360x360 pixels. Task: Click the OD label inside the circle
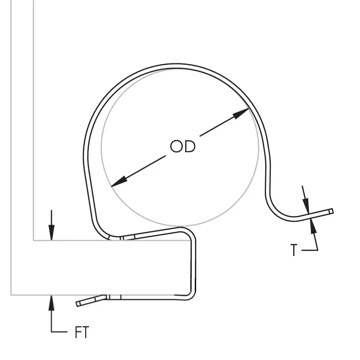point(182,146)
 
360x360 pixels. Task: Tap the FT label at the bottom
point(82,332)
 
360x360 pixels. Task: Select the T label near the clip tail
point(294,250)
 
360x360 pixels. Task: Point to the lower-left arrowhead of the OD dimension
point(119,182)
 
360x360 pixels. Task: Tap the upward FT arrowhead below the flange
point(52,303)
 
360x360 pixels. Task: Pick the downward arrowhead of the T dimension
point(306,206)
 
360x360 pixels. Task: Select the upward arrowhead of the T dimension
point(313,226)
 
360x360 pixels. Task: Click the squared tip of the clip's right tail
point(331,211)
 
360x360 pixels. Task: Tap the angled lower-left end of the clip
point(78,304)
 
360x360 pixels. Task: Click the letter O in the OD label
point(176,146)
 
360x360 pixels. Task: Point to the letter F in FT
point(78,332)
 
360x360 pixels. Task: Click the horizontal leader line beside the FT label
point(59,332)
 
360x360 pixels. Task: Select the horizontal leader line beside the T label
point(310,250)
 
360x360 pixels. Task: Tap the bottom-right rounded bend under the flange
point(190,296)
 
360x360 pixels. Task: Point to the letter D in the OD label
point(190,146)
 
